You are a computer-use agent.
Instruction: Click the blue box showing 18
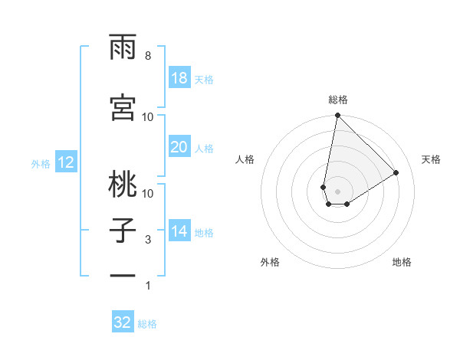[x=179, y=78]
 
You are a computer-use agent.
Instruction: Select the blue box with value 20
[x=179, y=148]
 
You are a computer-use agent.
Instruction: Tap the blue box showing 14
[x=179, y=232]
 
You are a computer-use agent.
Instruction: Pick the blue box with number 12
[x=65, y=162]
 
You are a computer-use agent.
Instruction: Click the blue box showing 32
[x=123, y=322]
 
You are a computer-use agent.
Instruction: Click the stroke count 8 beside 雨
[x=148, y=56]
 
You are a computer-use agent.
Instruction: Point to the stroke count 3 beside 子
[x=148, y=240]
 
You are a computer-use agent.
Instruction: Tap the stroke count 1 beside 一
[x=148, y=286]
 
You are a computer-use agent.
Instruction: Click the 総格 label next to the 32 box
[x=147, y=324]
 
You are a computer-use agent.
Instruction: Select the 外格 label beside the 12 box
[x=41, y=163]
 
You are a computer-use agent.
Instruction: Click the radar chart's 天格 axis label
[x=431, y=159]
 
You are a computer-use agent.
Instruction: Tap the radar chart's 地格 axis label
[x=402, y=262]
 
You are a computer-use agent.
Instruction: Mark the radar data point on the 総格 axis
[x=337, y=116]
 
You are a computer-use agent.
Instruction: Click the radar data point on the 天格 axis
[x=396, y=172]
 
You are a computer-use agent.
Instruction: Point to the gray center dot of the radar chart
[x=337, y=191]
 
